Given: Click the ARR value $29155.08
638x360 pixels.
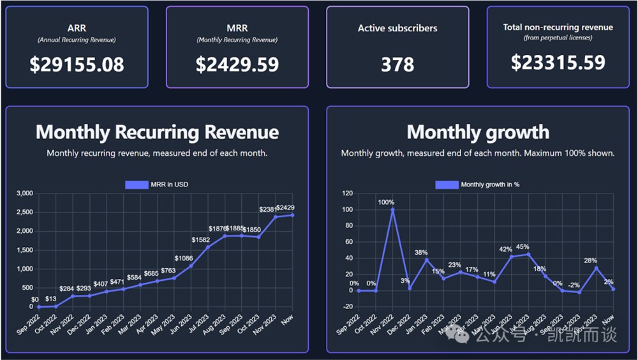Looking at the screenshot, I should pos(77,64).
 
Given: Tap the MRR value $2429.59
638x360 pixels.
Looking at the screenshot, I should pos(237,64).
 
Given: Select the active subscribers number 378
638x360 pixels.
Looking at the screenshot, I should pos(397,64).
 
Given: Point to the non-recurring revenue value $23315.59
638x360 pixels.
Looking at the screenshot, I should pos(558,62).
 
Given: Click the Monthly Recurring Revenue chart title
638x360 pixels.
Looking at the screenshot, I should pos(157,132).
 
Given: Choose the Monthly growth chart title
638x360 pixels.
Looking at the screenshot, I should pos(478,132).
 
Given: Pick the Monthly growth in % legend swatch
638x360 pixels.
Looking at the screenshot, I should pos(447,184).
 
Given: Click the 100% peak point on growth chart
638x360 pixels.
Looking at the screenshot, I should pos(393,209).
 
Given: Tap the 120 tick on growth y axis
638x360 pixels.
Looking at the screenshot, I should pos(347,193).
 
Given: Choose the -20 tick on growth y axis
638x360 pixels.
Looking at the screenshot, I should pos(347,307).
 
